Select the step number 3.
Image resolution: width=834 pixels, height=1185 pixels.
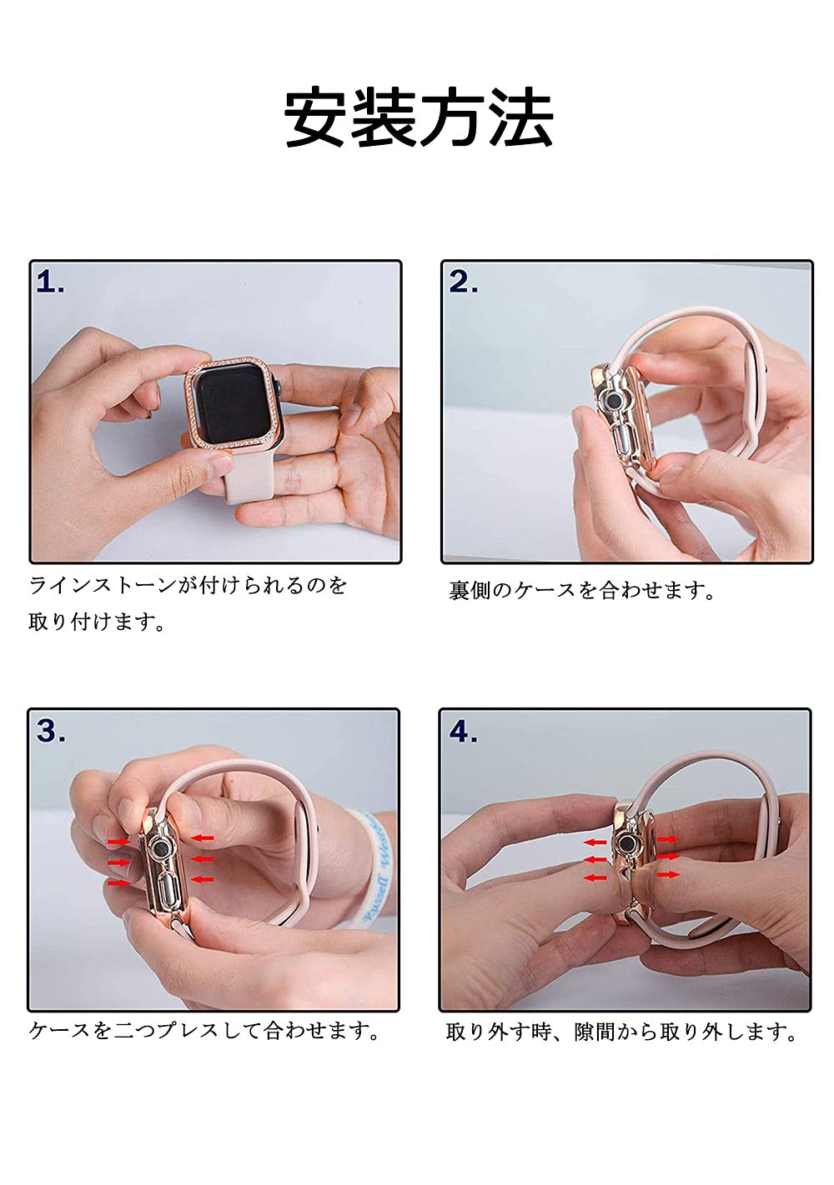click(51, 731)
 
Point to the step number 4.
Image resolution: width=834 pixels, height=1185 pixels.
click(463, 731)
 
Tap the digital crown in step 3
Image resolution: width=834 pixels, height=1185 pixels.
click(161, 849)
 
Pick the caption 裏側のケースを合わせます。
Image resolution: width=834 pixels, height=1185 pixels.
click(582, 590)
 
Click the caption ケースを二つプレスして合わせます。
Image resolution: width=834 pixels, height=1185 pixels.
click(203, 1030)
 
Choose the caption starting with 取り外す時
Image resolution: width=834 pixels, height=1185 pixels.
click(620, 1031)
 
